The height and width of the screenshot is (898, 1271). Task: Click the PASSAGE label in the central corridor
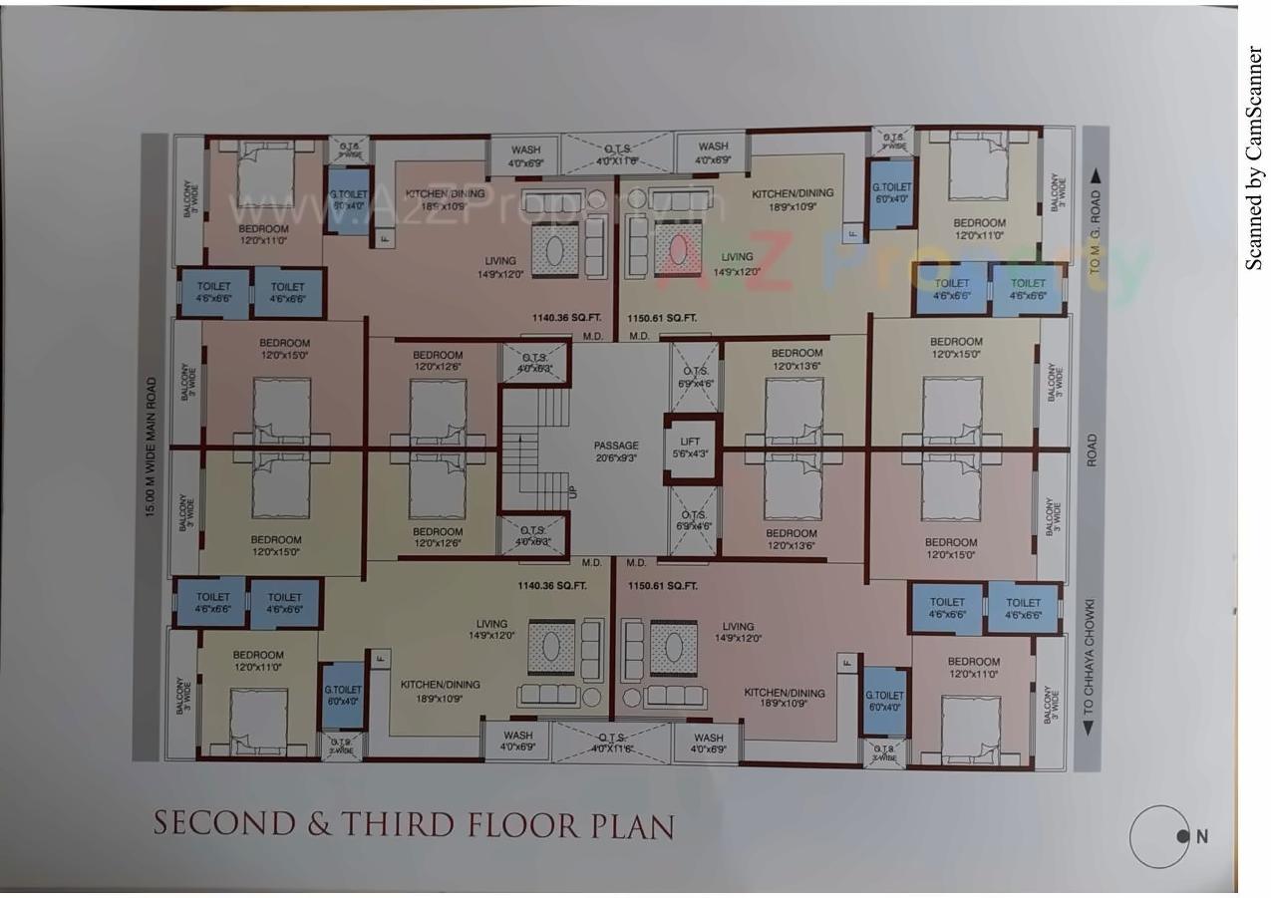(616, 446)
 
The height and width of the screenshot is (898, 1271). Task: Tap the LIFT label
(691, 441)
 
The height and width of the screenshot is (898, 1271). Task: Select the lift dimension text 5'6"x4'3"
(691, 454)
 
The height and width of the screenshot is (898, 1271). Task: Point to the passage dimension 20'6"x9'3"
(616, 458)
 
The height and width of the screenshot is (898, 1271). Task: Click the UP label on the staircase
(571, 492)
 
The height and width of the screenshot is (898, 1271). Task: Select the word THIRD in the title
(393, 825)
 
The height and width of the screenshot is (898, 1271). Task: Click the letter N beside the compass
(1202, 836)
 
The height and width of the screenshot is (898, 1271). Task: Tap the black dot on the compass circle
(1182, 836)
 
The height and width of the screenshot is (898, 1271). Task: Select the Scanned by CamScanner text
(1253, 157)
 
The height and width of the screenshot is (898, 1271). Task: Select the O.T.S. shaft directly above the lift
(694, 377)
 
